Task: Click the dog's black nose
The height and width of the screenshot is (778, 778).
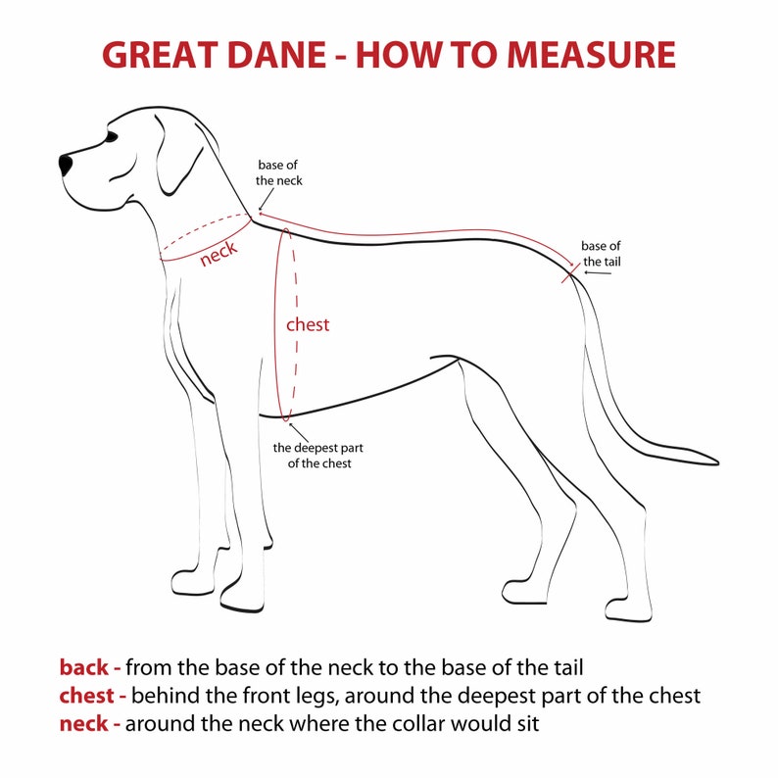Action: click(x=66, y=164)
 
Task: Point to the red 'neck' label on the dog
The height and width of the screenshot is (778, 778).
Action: click(x=218, y=255)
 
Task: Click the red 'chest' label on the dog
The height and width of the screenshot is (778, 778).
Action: click(x=308, y=324)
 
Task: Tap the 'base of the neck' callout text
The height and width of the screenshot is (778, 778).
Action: click(x=279, y=172)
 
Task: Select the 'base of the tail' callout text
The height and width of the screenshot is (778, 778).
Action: click(x=601, y=254)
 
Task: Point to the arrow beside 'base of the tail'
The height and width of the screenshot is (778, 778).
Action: click(x=598, y=272)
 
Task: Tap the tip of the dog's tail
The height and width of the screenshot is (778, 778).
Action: click(x=713, y=462)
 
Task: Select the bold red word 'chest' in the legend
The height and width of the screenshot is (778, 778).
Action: click(x=90, y=697)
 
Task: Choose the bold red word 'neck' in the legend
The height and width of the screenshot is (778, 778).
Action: click(x=85, y=725)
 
